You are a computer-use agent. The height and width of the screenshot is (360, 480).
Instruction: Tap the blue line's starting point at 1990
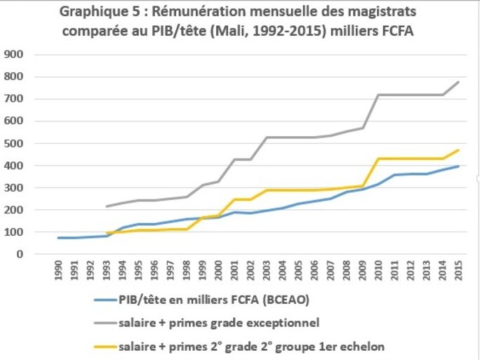point(59,238)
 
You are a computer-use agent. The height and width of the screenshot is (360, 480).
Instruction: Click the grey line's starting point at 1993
point(106,206)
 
